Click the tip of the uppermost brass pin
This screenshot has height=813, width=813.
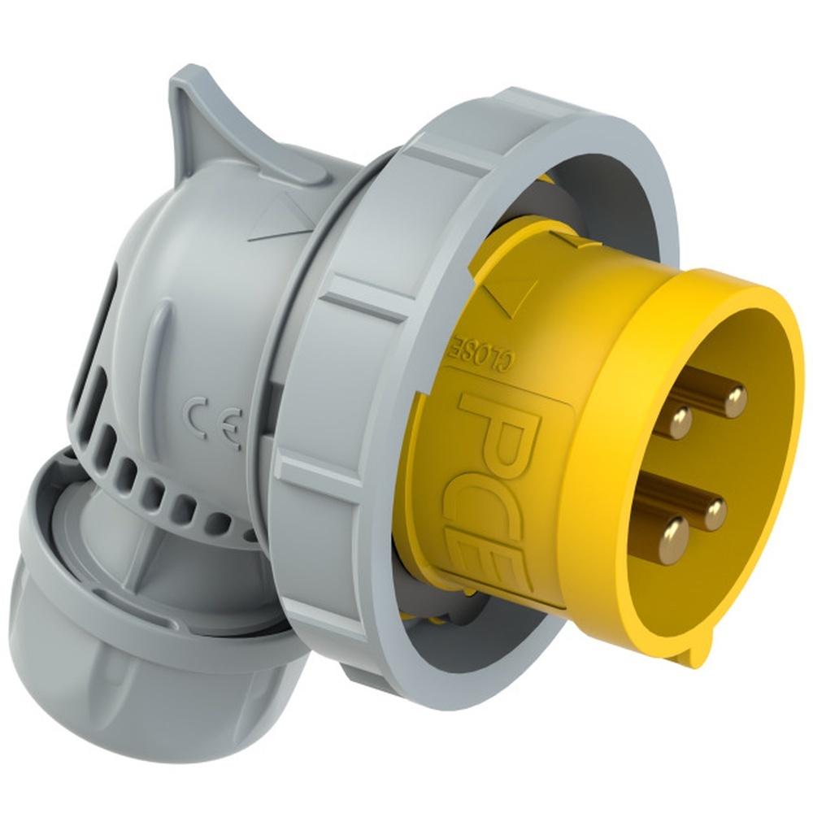tap(735, 398)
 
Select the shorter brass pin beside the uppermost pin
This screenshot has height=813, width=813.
tap(680, 420)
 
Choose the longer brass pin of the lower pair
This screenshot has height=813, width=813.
tap(714, 513)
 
